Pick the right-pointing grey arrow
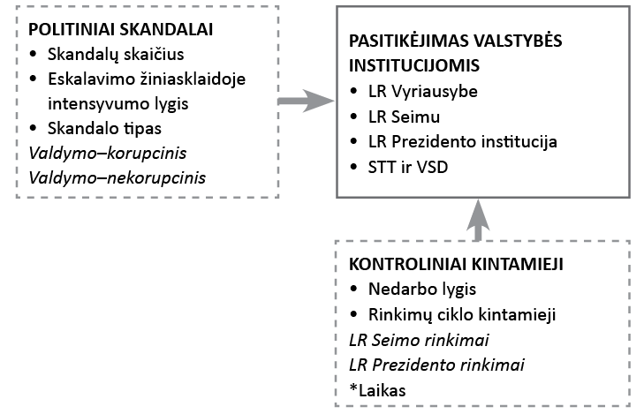pyautogui.click(x=302, y=102)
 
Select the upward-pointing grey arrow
pyautogui.click(x=476, y=217)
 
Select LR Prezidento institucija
pyautogui.click(x=463, y=140)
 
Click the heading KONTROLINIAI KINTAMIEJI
pyautogui.click(x=457, y=264)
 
